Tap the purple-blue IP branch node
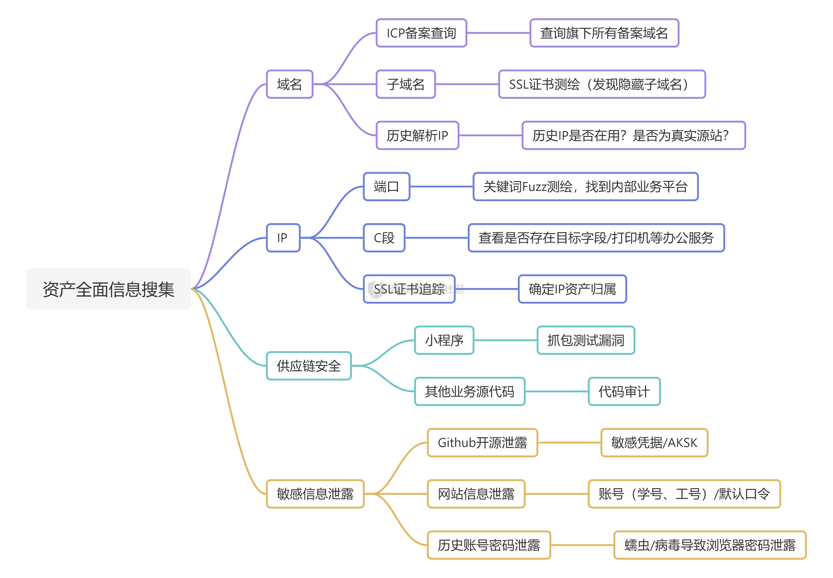pos(283,237)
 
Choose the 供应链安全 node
pos(309,366)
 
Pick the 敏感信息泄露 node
pos(315,494)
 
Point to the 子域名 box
pos(405,84)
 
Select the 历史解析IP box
pos(417,135)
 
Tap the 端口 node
pos(386,186)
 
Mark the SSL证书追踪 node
pos(409,289)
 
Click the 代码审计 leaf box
pos(624,392)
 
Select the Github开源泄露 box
pos(482,443)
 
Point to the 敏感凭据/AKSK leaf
pos(654,443)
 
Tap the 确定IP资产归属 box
pos(572,289)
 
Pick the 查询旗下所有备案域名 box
pos(604,33)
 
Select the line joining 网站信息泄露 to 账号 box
pos(556,494)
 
